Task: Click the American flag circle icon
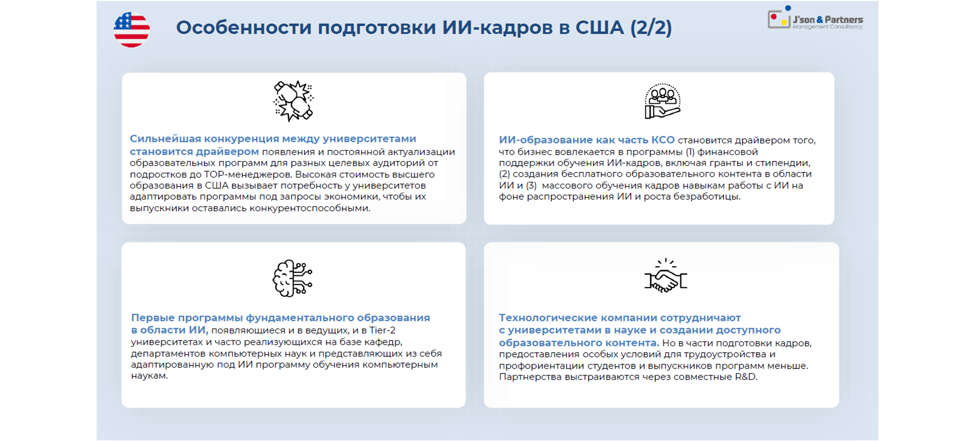point(132,30)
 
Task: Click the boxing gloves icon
point(293,101)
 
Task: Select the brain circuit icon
point(292,278)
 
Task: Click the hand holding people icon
point(662,101)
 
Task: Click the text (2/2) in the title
point(651,28)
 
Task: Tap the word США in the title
point(600,28)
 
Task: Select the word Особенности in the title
point(244,28)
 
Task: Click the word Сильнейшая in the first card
point(166,139)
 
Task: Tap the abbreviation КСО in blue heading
point(663,140)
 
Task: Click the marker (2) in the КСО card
point(504,174)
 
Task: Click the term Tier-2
point(382,331)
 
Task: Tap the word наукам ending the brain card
point(149,376)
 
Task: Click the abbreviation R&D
point(746,377)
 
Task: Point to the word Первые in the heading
point(153,318)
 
